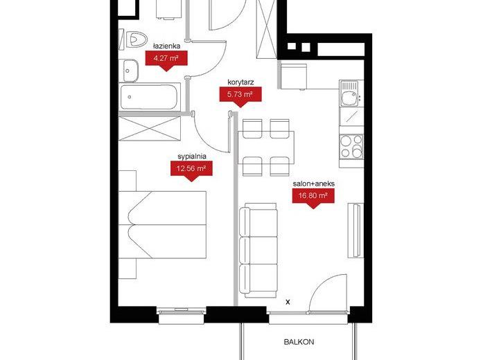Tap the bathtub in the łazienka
(149, 97)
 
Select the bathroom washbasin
(130, 71)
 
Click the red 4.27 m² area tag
(166, 61)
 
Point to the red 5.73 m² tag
(240, 97)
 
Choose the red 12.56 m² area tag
(191, 171)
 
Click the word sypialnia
(191, 156)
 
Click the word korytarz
(240, 82)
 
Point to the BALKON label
(299, 342)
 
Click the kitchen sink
(349, 93)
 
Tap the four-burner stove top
(351, 147)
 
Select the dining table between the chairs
(266, 147)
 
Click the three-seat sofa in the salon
(258, 250)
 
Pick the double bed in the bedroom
(162, 224)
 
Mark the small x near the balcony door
(288, 303)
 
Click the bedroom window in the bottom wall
(181, 315)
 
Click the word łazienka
(166, 46)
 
